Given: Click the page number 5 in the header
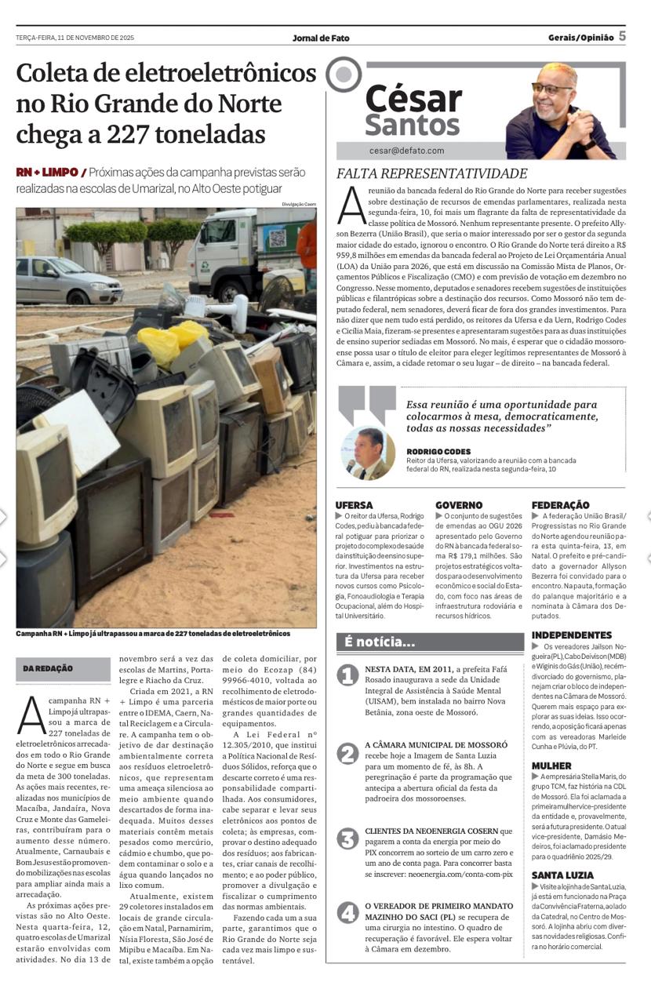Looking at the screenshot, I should [622, 36].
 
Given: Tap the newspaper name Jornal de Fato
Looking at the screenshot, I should [321, 38].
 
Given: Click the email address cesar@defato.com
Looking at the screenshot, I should [406, 151].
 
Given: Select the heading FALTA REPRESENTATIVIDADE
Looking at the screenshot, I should [432, 174].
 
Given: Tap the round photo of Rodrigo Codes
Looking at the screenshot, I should [368, 453].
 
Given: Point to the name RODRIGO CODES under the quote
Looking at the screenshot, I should [438, 452].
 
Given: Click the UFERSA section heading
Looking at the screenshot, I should [354, 505].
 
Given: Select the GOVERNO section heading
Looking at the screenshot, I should [459, 505].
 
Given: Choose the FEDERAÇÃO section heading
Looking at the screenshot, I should [560, 505].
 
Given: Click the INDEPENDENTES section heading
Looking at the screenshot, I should [572, 635].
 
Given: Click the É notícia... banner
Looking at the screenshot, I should [380, 642].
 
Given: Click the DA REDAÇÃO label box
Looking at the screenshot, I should [48, 668].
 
